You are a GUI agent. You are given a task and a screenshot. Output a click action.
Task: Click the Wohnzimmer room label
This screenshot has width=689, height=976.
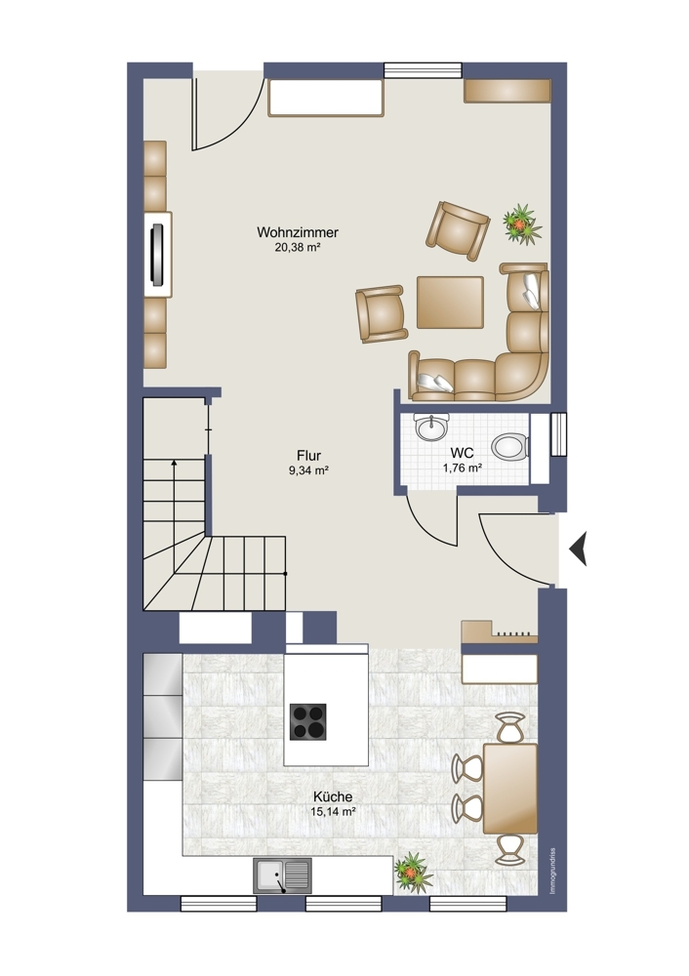[298, 232]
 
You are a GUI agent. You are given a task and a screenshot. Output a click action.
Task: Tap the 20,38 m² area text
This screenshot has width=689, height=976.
[298, 247]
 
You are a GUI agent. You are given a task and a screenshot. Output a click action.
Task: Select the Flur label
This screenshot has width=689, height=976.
[308, 456]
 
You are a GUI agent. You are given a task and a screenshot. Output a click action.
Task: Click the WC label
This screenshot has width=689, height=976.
[462, 453]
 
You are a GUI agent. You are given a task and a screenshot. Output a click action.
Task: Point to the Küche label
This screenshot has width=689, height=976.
[333, 796]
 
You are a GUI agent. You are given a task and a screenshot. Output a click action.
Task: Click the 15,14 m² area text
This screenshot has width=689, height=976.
[333, 812]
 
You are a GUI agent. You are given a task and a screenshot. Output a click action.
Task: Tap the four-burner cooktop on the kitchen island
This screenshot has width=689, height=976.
[308, 721]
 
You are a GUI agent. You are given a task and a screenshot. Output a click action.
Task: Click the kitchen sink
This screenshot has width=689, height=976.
[282, 875]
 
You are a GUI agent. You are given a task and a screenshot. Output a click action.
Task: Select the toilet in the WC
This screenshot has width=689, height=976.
[510, 446]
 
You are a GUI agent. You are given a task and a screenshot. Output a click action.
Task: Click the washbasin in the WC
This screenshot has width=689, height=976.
[431, 427]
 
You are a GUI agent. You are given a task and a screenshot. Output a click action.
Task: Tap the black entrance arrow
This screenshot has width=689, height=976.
[578, 549]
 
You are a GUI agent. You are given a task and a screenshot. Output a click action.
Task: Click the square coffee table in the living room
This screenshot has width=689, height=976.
[450, 302]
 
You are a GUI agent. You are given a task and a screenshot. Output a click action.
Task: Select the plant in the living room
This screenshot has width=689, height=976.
[521, 223]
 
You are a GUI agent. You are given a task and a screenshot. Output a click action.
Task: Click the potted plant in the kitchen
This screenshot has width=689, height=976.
[413, 872]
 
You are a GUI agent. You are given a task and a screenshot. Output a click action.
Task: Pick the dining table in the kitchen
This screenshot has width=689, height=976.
[510, 788]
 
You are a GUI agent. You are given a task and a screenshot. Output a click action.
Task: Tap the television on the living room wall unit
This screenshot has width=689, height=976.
[159, 255]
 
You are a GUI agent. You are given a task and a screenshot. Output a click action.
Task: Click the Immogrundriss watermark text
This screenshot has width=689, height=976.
[552, 872]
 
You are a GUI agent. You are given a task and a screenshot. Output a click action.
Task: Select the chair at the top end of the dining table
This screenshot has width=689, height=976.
[510, 727]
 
